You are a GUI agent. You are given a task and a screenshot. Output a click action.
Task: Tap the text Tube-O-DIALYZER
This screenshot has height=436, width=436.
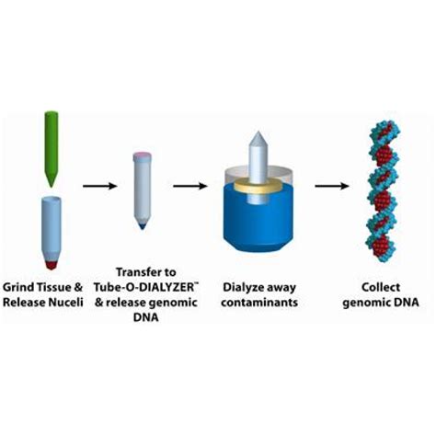142,286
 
